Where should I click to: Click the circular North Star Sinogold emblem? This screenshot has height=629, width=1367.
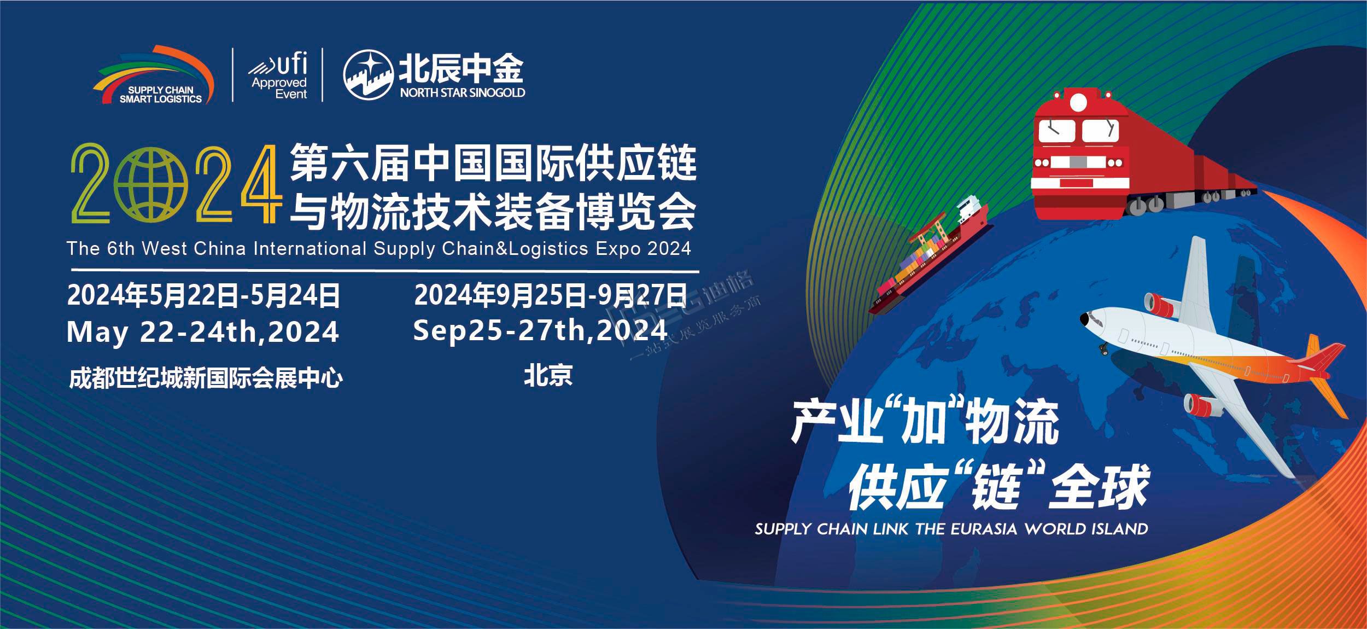368,75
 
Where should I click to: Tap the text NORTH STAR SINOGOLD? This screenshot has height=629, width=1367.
462,93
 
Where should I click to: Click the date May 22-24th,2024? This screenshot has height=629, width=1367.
202,331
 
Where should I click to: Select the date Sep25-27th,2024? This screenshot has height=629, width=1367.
540,330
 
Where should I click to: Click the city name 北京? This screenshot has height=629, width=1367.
548,376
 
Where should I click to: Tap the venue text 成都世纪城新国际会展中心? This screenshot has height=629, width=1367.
206,378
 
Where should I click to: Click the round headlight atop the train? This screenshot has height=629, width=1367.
1078,103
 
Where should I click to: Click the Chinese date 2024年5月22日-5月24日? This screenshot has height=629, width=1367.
203,295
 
